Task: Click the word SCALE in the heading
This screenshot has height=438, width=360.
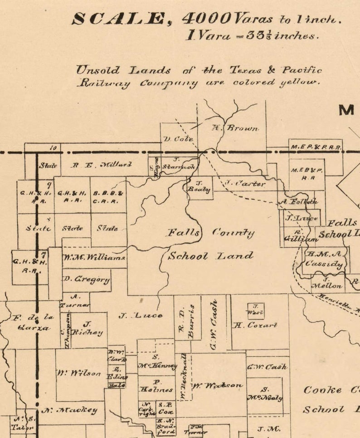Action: point(119,19)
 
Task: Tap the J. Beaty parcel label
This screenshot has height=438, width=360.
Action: point(199,187)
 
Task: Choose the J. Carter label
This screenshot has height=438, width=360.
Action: point(245,184)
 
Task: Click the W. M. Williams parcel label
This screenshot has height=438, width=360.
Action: point(94,258)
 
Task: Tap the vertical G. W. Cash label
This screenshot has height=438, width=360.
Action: point(214,325)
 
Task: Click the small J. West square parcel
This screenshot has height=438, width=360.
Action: point(255,310)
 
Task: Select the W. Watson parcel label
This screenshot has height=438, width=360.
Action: point(217,385)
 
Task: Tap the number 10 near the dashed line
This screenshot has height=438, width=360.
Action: point(53,147)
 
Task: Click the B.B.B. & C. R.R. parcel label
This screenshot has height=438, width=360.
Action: point(108,197)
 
